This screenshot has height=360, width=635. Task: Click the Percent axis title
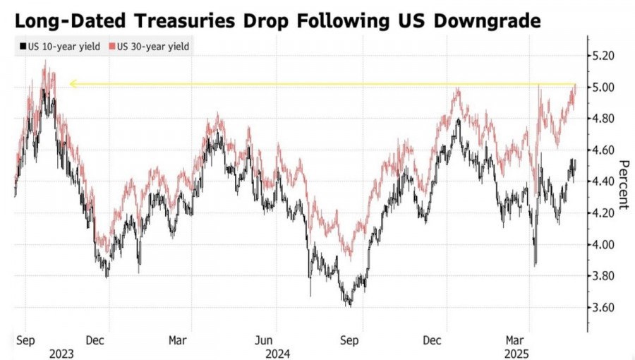pyautogui.click(x=623, y=185)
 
